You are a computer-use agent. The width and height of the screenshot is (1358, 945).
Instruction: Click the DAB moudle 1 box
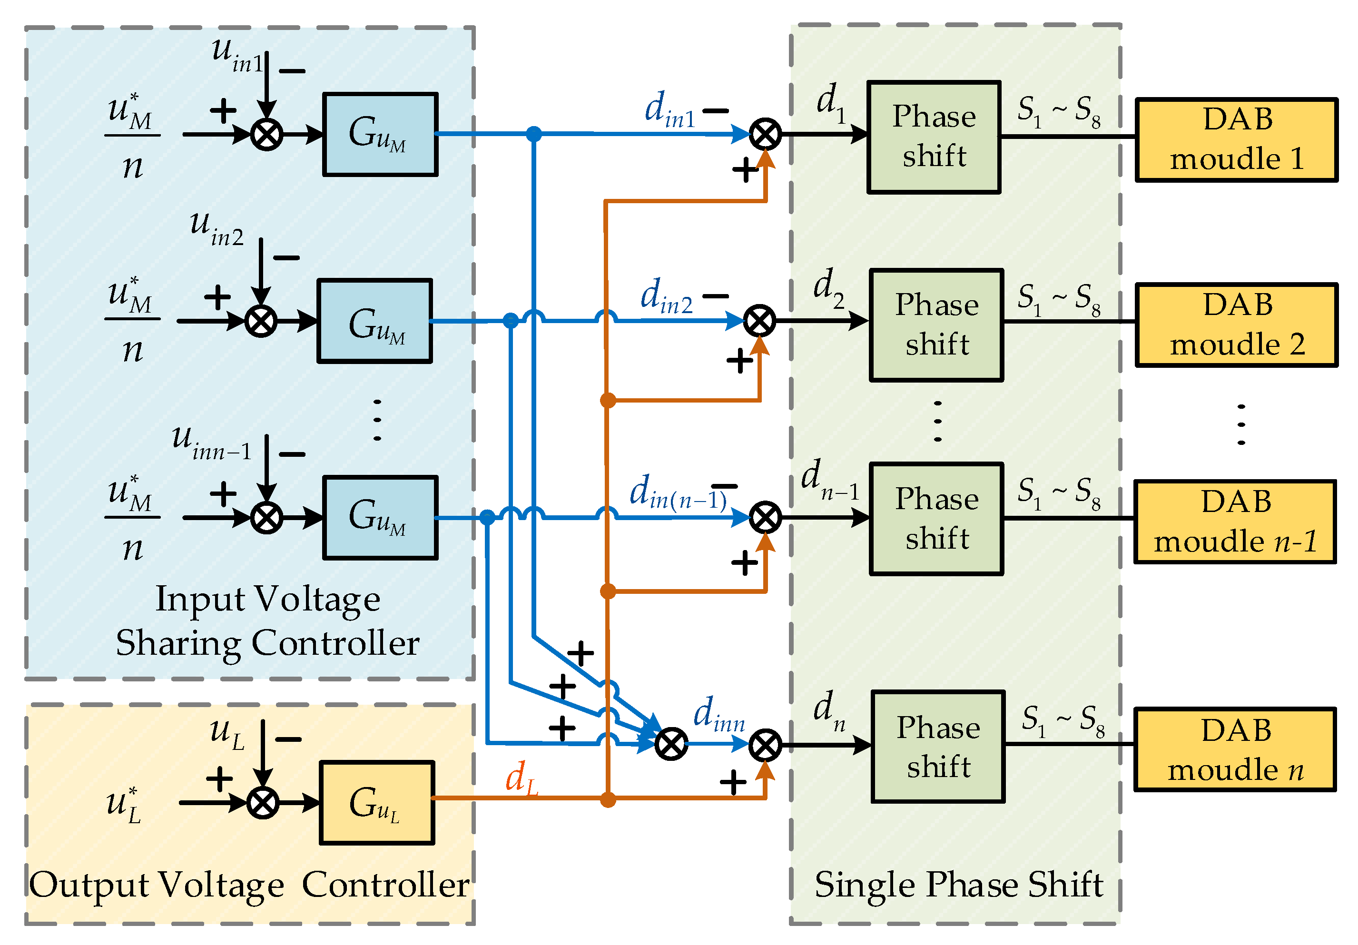pos(1236,140)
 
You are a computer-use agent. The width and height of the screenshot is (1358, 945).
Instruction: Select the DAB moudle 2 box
pos(1236,325)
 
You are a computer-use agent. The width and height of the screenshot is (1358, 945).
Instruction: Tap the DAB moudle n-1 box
pos(1234,522)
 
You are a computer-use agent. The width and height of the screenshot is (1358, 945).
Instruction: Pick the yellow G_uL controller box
pos(377,802)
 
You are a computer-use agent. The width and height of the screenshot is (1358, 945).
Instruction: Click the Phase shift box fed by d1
pos(934,137)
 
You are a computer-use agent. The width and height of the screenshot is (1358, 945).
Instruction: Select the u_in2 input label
pos(216,229)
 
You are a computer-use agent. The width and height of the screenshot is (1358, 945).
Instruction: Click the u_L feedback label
pos(227,733)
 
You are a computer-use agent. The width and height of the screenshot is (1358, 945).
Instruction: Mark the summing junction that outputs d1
pos(765,135)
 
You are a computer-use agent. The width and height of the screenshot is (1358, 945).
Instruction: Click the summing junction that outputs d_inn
pos(671,744)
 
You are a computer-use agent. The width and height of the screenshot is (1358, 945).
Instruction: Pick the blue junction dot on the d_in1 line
pos(533,134)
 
